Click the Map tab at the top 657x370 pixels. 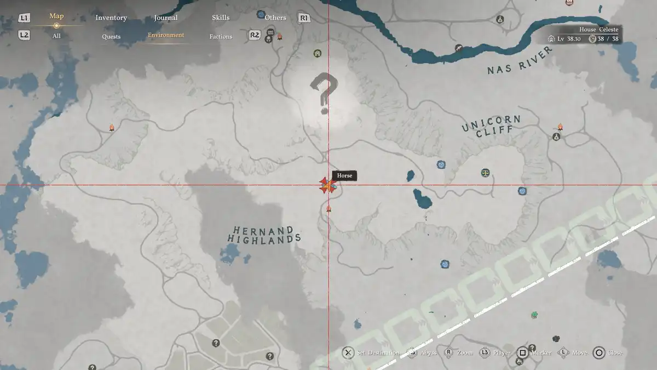click(x=56, y=16)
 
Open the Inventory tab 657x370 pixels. click(x=111, y=18)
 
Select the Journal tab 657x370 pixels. click(x=165, y=18)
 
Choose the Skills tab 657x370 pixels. click(x=221, y=18)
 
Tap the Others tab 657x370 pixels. click(x=275, y=18)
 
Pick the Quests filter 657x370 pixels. click(x=111, y=37)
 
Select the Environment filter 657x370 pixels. click(x=166, y=35)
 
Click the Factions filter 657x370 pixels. click(x=221, y=37)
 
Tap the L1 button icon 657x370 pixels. click(x=24, y=18)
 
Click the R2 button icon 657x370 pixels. click(x=255, y=35)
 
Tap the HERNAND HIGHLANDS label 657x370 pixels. click(x=264, y=235)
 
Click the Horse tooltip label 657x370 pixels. click(x=344, y=175)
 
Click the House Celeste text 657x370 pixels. click(x=598, y=30)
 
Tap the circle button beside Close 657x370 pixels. click(x=599, y=352)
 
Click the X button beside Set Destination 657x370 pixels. click(x=348, y=352)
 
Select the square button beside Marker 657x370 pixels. click(x=523, y=352)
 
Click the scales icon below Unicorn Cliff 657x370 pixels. click(x=485, y=173)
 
